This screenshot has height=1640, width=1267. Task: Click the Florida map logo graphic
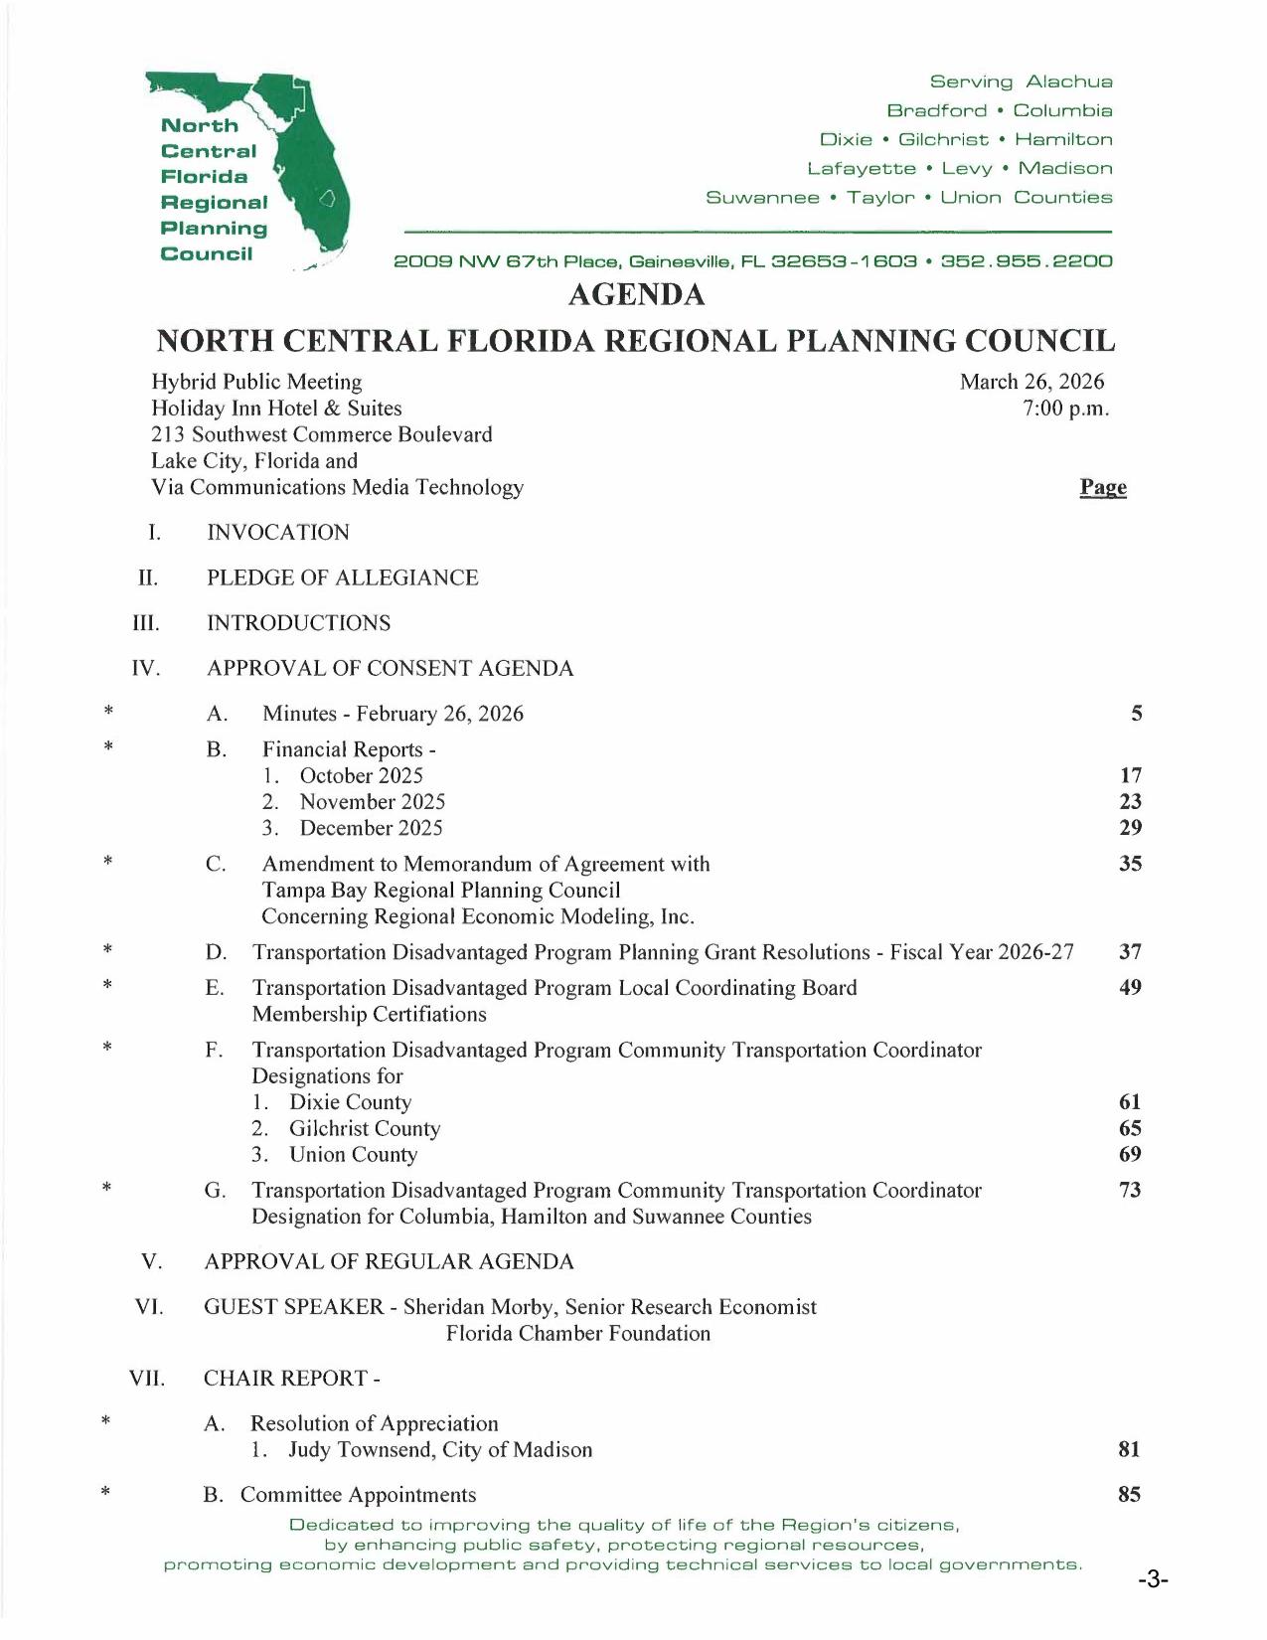click(298, 159)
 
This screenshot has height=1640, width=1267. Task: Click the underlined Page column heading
click(1103, 487)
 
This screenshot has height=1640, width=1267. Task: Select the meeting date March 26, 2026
click(1031, 382)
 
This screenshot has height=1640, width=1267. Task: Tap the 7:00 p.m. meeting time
click(1065, 409)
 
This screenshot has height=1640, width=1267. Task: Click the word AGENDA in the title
click(636, 295)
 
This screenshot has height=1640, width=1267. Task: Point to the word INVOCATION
click(278, 533)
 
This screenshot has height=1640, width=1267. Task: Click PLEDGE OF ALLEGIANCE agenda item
click(342, 578)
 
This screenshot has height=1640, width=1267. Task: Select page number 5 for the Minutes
click(1136, 714)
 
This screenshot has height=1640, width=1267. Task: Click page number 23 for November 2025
click(1130, 802)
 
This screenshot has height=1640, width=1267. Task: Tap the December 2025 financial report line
click(371, 828)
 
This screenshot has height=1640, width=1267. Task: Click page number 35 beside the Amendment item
click(1130, 864)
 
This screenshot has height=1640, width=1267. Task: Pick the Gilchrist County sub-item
click(364, 1129)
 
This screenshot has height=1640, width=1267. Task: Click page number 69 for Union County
click(1130, 1155)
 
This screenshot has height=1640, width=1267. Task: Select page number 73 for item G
click(1130, 1191)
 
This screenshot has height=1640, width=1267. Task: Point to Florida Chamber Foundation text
click(577, 1334)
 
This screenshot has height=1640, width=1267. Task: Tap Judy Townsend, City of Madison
click(439, 1450)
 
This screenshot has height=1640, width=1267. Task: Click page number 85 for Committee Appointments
click(1129, 1495)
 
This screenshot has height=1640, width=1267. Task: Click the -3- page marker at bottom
click(1153, 1580)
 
